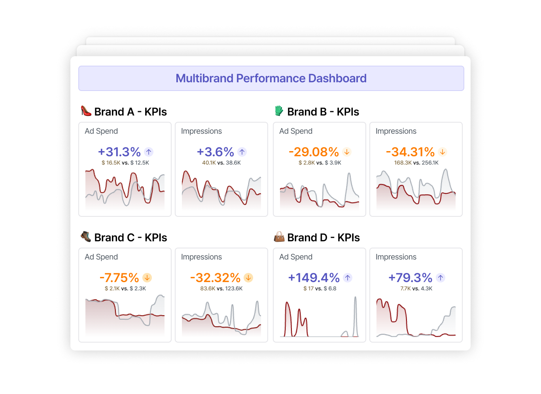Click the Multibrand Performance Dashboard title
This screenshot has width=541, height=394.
[271, 78]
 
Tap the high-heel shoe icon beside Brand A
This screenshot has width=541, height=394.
[86, 111]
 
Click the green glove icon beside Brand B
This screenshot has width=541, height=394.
[279, 111]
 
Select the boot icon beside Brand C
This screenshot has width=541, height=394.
[86, 237]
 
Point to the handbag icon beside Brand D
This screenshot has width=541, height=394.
[279, 237]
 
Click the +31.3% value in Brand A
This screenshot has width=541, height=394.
[119, 152]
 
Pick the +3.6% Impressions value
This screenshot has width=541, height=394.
[216, 152]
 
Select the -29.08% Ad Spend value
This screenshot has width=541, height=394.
[314, 152]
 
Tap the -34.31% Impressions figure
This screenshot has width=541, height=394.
[410, 152]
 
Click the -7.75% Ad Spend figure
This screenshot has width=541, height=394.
[119, 278]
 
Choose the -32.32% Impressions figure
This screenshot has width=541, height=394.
[215, 278]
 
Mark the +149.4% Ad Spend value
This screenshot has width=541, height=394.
[314, 278]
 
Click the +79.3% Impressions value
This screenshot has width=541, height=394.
[410, 278]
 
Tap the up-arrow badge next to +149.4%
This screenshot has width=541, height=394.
[348, 278]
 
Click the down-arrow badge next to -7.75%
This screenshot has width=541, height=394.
[147, 278]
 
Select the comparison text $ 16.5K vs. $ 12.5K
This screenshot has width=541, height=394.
[125, 163]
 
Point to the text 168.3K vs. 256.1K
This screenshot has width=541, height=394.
[416, 163]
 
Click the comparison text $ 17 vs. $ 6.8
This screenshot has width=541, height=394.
[320, 288]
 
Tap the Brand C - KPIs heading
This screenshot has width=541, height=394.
[131, 237]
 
